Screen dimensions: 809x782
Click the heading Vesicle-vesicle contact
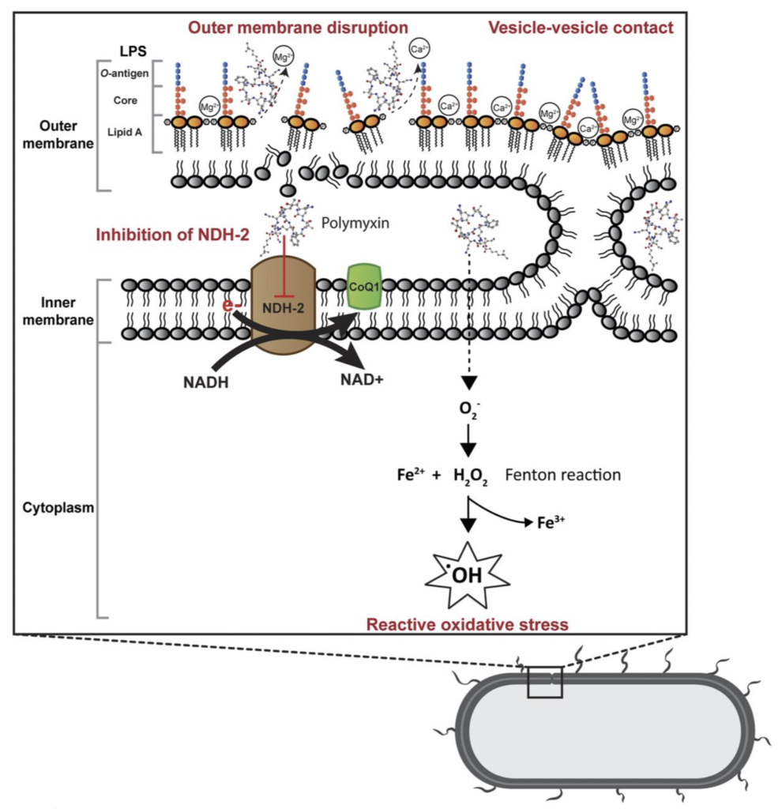coord(581,28)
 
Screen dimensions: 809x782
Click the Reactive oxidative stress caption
coord(467,625)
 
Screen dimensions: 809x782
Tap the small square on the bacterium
coord(545,682)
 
